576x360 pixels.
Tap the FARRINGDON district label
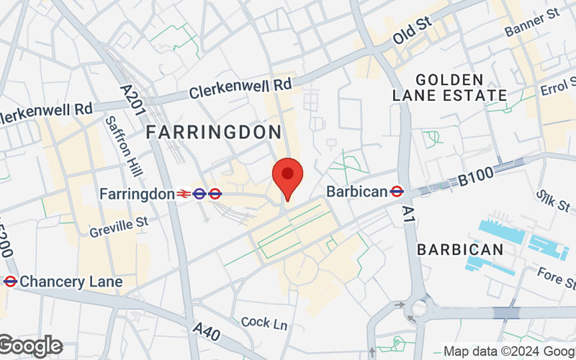pyautogui.click(x=214, y=132)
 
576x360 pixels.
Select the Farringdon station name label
pyautogui.click(x=137, y=194)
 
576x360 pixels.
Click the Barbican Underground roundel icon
pyautogui.click(x=396, y=192)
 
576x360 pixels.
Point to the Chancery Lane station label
pyautogui.click(x=71, y=282)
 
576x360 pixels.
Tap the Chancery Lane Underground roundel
pyautogui.click(x=10, y=282)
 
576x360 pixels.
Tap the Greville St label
pyautogui.click(x=119, y=227)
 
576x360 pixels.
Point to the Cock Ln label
pyautogui.click(x=264, y=323)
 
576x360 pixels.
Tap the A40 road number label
pyautogui.click(x=207, y=333)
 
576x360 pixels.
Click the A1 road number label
pyautogui.click(x=409, y=212)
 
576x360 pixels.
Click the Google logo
pyautogui.click(x=30, y=346)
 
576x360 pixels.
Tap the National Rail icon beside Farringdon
pyautogui.click(x=184, y=194)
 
